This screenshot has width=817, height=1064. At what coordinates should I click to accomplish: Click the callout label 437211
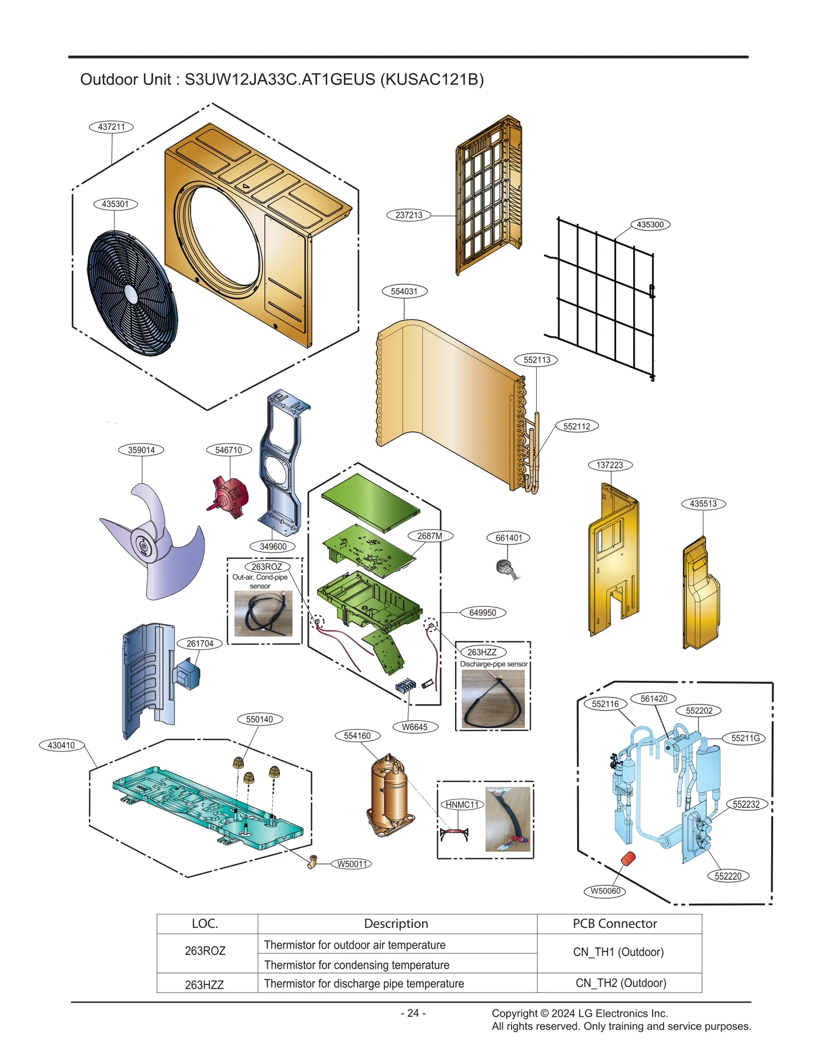tap(111, 127)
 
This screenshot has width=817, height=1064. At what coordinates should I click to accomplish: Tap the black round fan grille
tap(132, 293)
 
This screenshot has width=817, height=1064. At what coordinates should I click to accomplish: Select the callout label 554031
tap(404, 291)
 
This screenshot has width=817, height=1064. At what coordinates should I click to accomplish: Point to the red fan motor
tap(231, 496)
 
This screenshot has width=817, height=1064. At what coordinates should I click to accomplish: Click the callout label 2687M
tap(429, 536)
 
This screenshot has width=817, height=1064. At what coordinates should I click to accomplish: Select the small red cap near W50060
tap(628, 859)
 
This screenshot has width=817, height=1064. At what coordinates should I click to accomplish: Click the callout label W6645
tap(415, 727)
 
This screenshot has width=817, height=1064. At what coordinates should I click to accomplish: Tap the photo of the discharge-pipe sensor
tap(493, 699)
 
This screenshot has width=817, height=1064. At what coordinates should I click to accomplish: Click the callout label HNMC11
tap(462, 805)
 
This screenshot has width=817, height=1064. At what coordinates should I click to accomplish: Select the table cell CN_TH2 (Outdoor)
tap(620, 983)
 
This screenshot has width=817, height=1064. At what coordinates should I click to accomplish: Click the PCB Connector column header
tap(614, 924)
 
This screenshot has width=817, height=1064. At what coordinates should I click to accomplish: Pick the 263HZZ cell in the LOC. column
tap(204, 985)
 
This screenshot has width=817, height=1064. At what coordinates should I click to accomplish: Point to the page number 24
tap(413, 1013)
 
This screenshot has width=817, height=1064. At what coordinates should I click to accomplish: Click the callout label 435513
tap(703, 503)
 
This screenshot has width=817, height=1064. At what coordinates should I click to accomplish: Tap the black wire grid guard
tap(605, 296)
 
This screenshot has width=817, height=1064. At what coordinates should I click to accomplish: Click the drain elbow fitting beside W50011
tap(313, 862)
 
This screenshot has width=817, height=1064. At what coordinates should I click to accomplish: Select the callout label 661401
tap(509, 538)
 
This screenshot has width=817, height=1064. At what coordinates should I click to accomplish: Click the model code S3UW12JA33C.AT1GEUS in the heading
tap(279, 80)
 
